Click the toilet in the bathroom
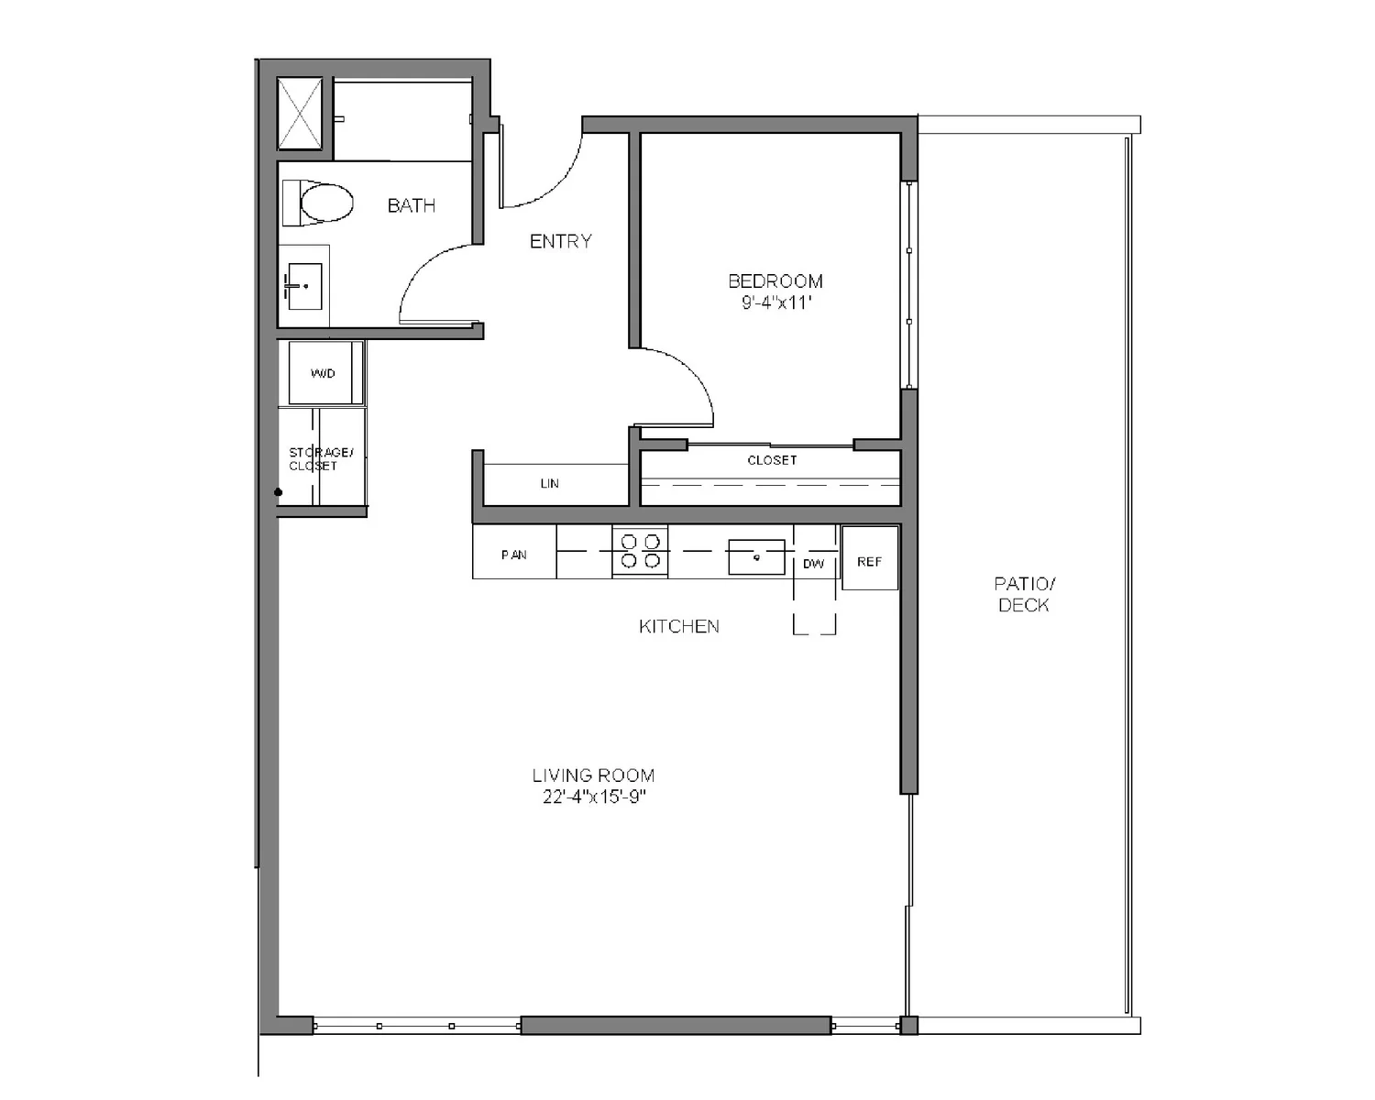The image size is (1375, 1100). pyautogui.click(x=321, y=203)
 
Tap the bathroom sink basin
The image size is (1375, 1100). pyautogui.click(x=304, y=286)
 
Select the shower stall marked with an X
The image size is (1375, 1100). pyautogui.click(x=300, y=113)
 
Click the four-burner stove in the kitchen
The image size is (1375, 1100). pyautogui.click(x=640, y=551)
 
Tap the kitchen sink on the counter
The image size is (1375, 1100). pyautogui.click(x=756, y=556)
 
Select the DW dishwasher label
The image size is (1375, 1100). pyautogui.click(x=813, y=564)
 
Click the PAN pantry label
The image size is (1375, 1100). pyautogui.click(x=513, y=555)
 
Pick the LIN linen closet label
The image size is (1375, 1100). pyautogui.click(x=549, y=483)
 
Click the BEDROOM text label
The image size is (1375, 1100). pyautogui.click(x=775, y=281)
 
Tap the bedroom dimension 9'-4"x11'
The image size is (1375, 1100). pyautogui.click(x=777, y=302)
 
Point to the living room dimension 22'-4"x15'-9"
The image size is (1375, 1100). pyautogui.click(x=594, y=797)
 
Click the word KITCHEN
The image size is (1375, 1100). pyautogui.click(x=678, y=626)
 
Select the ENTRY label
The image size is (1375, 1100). pyautogui.click(x=560, y=241)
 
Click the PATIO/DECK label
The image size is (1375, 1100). pyautogui.click(x=1024, y=594)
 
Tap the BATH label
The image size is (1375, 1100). pyautogui.click(x=411, y=205)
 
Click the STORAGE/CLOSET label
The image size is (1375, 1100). pyautogui.click(x=320, y=458)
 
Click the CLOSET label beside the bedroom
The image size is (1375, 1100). pyautogui.click(x=772, y=460)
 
